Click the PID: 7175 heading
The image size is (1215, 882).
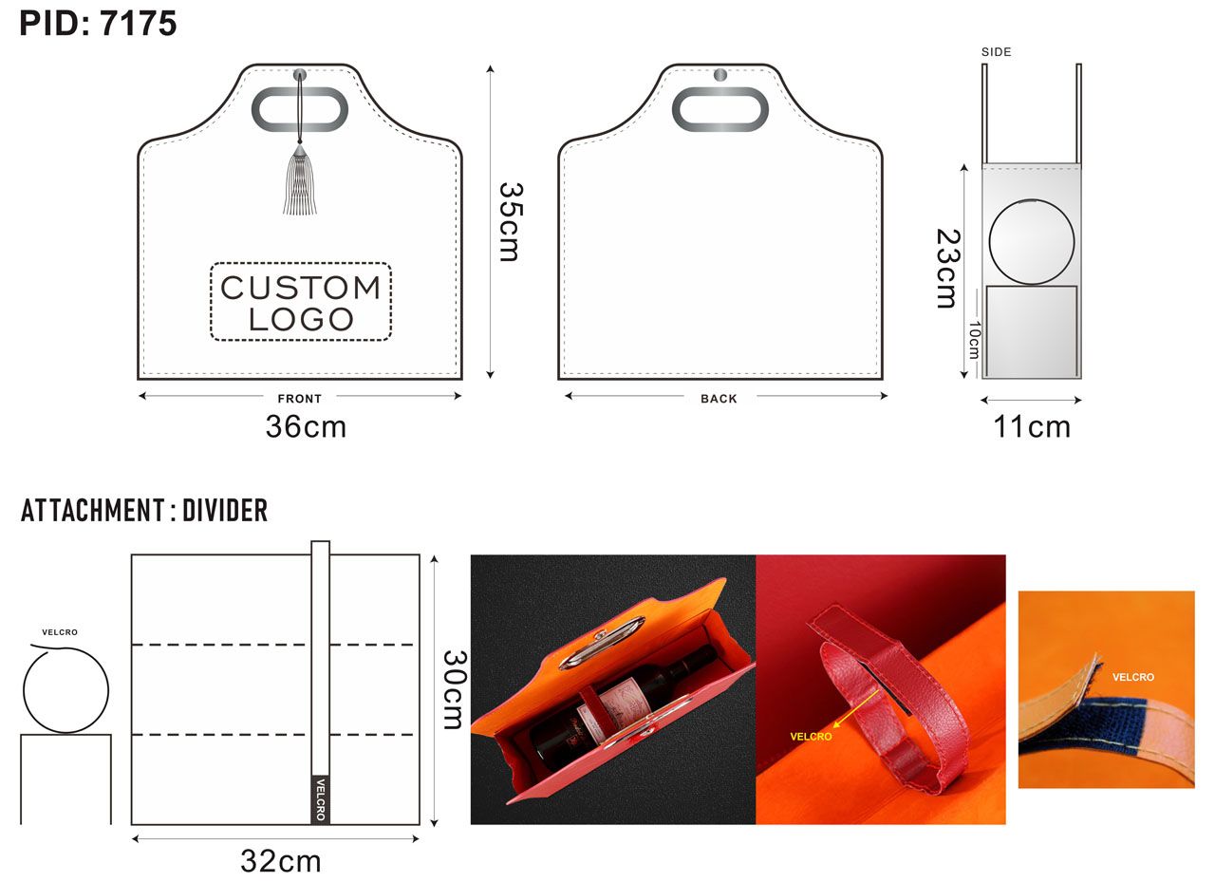pos(98,24)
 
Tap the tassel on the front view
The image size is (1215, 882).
pos(300,179)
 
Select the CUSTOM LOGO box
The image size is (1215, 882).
pos(301,302)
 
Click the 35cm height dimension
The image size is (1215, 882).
pos(510,222)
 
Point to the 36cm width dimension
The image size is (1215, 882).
pos(306,426)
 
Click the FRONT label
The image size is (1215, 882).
pos(299,399)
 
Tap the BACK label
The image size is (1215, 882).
pos(719,399)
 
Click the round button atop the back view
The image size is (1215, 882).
pos(720,75)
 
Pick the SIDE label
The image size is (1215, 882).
pos(997,52)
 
